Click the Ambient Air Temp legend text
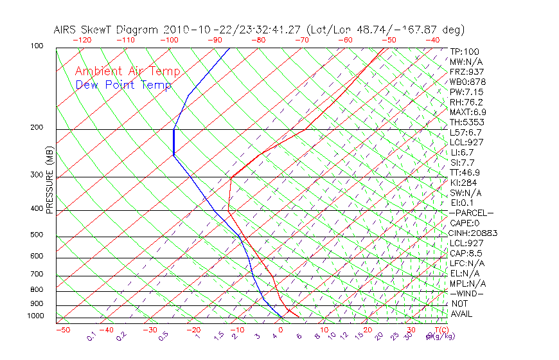[128, 71]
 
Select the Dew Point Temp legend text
[123, 85]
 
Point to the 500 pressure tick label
[37, 235]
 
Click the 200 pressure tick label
[37, 127]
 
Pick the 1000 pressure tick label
[35, 316]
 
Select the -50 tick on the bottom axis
[62, 330]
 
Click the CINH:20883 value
[474, 233]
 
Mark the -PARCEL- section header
[471, 213]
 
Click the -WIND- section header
[466, 293]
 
